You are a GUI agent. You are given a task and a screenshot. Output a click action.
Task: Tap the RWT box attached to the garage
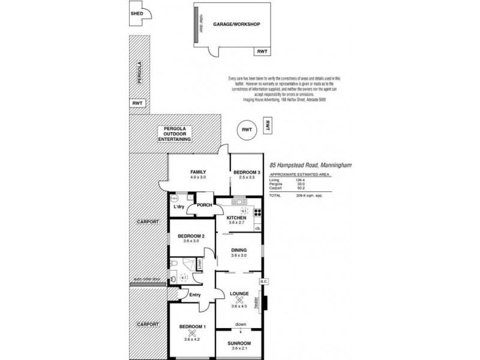pos(262,52)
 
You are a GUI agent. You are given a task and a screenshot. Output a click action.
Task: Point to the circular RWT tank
pos(245,130)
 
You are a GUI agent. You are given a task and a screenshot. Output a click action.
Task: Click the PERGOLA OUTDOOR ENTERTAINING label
pos(174,134)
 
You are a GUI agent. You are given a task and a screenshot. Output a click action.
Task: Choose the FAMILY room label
pos(198,172)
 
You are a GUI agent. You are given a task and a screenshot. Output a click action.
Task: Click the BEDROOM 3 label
pos(247,172)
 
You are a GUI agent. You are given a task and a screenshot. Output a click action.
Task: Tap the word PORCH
pos(205,205)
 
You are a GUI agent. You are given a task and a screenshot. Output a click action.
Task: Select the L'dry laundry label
pos(178,207)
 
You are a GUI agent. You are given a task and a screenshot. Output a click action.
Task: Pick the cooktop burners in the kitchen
pos(257,211)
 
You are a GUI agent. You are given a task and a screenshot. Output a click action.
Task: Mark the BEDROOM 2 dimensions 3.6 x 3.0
pos(191,242)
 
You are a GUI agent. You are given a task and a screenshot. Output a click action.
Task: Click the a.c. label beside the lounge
pos(262,281)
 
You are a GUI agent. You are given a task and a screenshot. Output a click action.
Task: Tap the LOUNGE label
pos(239,293)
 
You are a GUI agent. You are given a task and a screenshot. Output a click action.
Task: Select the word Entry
pos(194,295)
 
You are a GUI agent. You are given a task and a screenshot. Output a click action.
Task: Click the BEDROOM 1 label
pos(192,326)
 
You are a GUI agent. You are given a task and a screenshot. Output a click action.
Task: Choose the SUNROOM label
pos(239,343)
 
